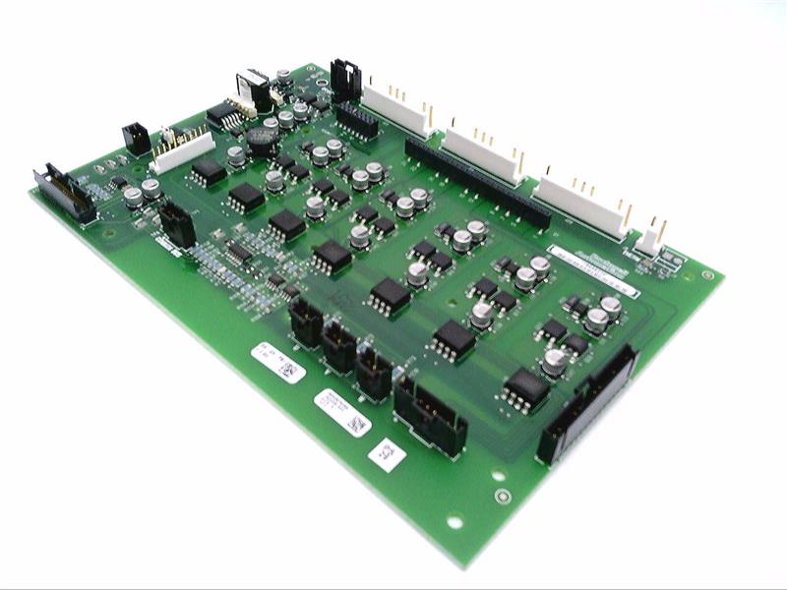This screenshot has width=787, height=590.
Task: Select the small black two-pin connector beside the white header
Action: point(136,138)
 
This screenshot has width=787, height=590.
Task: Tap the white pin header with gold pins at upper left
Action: point(183,150)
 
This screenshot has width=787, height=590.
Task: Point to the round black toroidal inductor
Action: point(261,139)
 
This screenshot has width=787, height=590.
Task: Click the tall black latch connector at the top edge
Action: point(345,80)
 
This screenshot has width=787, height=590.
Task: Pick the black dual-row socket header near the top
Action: point(356,121)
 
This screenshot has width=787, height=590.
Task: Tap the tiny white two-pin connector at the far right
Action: point(650,239)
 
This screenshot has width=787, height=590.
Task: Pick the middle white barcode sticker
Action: point(341,412)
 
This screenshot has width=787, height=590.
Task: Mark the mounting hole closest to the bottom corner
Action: point(454,523)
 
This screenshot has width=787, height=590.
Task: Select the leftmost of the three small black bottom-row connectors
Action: point(306,322)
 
